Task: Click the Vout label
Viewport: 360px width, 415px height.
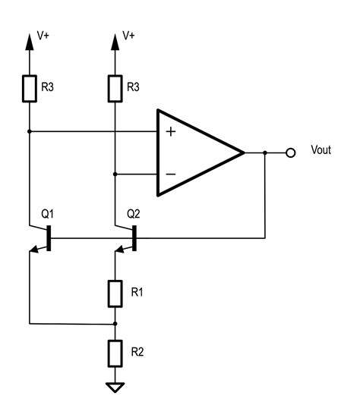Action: (x=321, y=151)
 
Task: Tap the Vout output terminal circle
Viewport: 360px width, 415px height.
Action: (x=289, y=152)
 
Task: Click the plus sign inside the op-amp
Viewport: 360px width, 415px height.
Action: (x=171, y=132)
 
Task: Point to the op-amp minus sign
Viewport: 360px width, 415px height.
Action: (x=171, y=174)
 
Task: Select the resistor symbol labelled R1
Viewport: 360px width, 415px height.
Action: (x=115, y=292)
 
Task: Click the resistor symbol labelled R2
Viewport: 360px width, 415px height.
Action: (x=115, y=352)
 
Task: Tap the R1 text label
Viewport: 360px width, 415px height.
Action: (x=137, y=292)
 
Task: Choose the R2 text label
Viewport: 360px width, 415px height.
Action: (x=137, y=352)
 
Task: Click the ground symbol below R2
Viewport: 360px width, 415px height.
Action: (x=115, y=388)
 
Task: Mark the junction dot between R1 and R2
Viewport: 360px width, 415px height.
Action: (x=115, y=322)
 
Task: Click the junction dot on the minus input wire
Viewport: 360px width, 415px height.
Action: (x=115, y=174)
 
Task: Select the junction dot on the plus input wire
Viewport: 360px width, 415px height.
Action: (x=29, y=131)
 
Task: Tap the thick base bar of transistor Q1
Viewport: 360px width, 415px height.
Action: (x=49, y=237)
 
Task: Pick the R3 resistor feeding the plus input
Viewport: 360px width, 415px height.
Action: (x=29, y=88)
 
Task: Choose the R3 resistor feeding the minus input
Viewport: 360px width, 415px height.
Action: (x=115, y=88)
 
